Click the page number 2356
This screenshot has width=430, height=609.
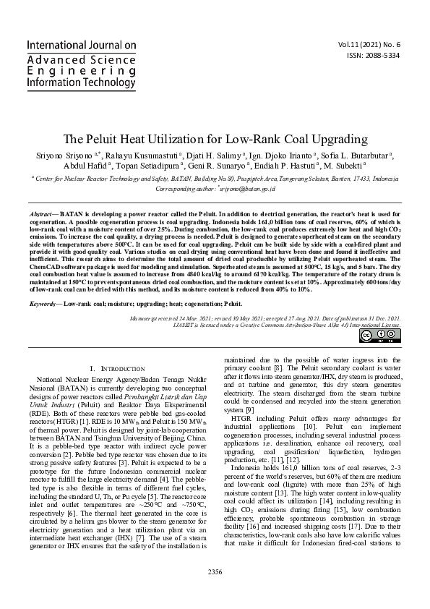click(x=215, y=592)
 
